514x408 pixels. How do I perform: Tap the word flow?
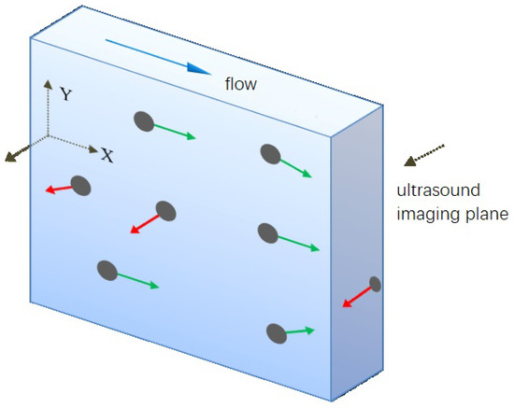coord(241,85)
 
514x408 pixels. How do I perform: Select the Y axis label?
coord(65,94)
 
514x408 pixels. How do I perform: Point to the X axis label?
coord(107,156)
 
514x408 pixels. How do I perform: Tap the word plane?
coord(484,214)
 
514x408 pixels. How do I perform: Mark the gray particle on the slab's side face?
coord(375,284)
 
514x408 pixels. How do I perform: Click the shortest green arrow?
coord(298,331)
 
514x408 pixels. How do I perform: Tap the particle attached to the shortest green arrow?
coord(276,331)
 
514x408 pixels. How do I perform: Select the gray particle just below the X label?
coord(80,186)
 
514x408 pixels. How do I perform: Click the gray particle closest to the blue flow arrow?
coord(144,120)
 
